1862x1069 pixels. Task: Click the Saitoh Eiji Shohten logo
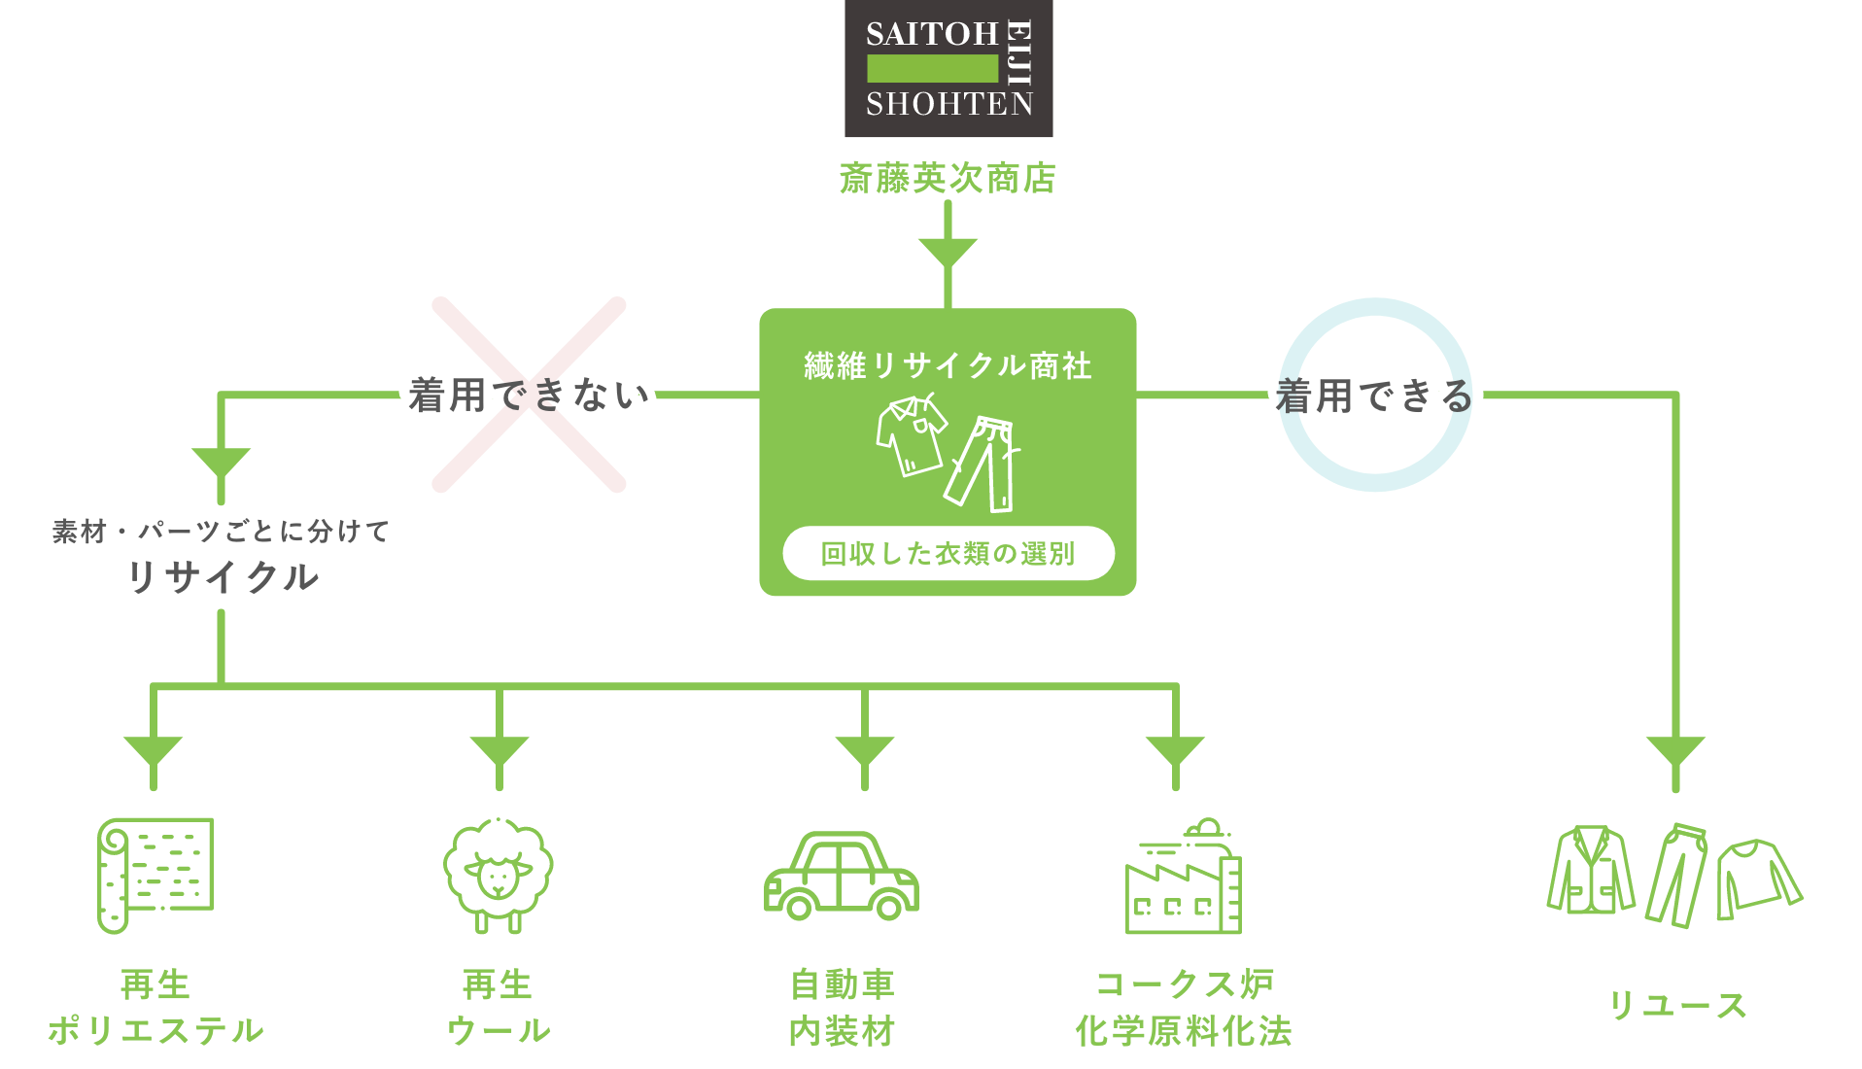948,68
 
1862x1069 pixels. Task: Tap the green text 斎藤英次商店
948,179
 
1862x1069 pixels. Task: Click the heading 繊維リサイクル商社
948,366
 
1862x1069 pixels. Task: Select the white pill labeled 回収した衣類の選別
948,554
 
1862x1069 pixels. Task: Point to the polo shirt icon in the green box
911,434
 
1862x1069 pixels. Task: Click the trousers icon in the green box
983,464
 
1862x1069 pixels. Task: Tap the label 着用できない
529,396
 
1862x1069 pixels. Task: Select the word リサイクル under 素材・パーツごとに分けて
223,577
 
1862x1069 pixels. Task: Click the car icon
841,876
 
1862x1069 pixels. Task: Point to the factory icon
1183,877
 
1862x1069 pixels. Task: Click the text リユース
1677,1006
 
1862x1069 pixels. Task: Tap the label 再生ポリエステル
155,1008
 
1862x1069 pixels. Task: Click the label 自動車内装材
842,1008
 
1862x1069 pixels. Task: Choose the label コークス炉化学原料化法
1184,1008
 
